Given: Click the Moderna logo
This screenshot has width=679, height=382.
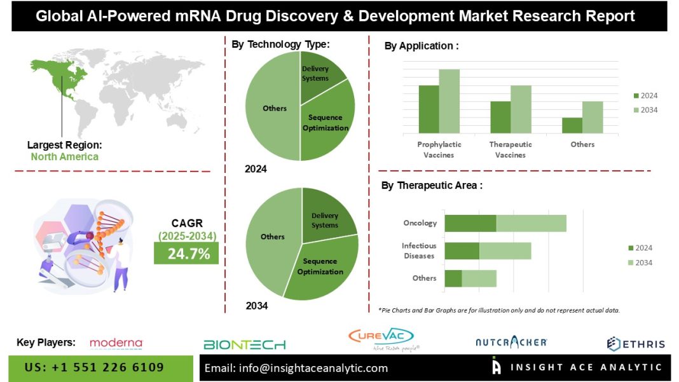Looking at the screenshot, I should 116,343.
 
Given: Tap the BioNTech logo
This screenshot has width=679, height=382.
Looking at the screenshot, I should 245,344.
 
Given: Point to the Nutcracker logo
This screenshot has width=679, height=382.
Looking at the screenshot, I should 511,343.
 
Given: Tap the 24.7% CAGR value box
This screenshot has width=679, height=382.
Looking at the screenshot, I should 186,254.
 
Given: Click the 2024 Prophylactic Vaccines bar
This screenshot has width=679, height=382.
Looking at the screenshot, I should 429,109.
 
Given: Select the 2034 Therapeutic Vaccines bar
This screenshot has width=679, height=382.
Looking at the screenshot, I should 521,109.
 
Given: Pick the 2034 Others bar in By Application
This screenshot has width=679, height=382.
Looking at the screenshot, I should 593,117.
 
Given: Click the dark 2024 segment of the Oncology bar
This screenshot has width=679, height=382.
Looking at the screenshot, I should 470,223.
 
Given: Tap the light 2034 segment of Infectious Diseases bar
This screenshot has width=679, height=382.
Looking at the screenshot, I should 505,250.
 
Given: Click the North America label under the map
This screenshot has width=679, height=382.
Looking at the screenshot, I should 65,156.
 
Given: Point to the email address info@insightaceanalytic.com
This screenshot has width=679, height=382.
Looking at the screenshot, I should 296,368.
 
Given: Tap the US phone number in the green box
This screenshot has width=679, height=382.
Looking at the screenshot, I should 94,367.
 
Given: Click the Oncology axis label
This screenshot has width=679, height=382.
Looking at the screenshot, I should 420,223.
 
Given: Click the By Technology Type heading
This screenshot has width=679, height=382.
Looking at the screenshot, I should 280,44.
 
